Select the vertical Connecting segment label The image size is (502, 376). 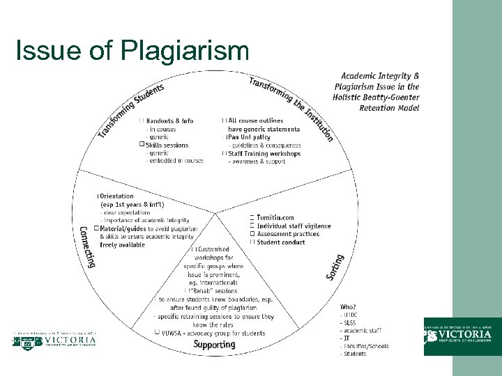pos(87,246)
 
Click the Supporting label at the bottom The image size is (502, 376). pos(214,344)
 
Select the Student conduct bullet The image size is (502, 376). pos(281,242)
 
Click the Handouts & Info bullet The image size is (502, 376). pos(169,120)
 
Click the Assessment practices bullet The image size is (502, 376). pos(288,234)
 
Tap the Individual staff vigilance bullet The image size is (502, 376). pos(294,226)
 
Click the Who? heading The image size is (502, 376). pos(348,307)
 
